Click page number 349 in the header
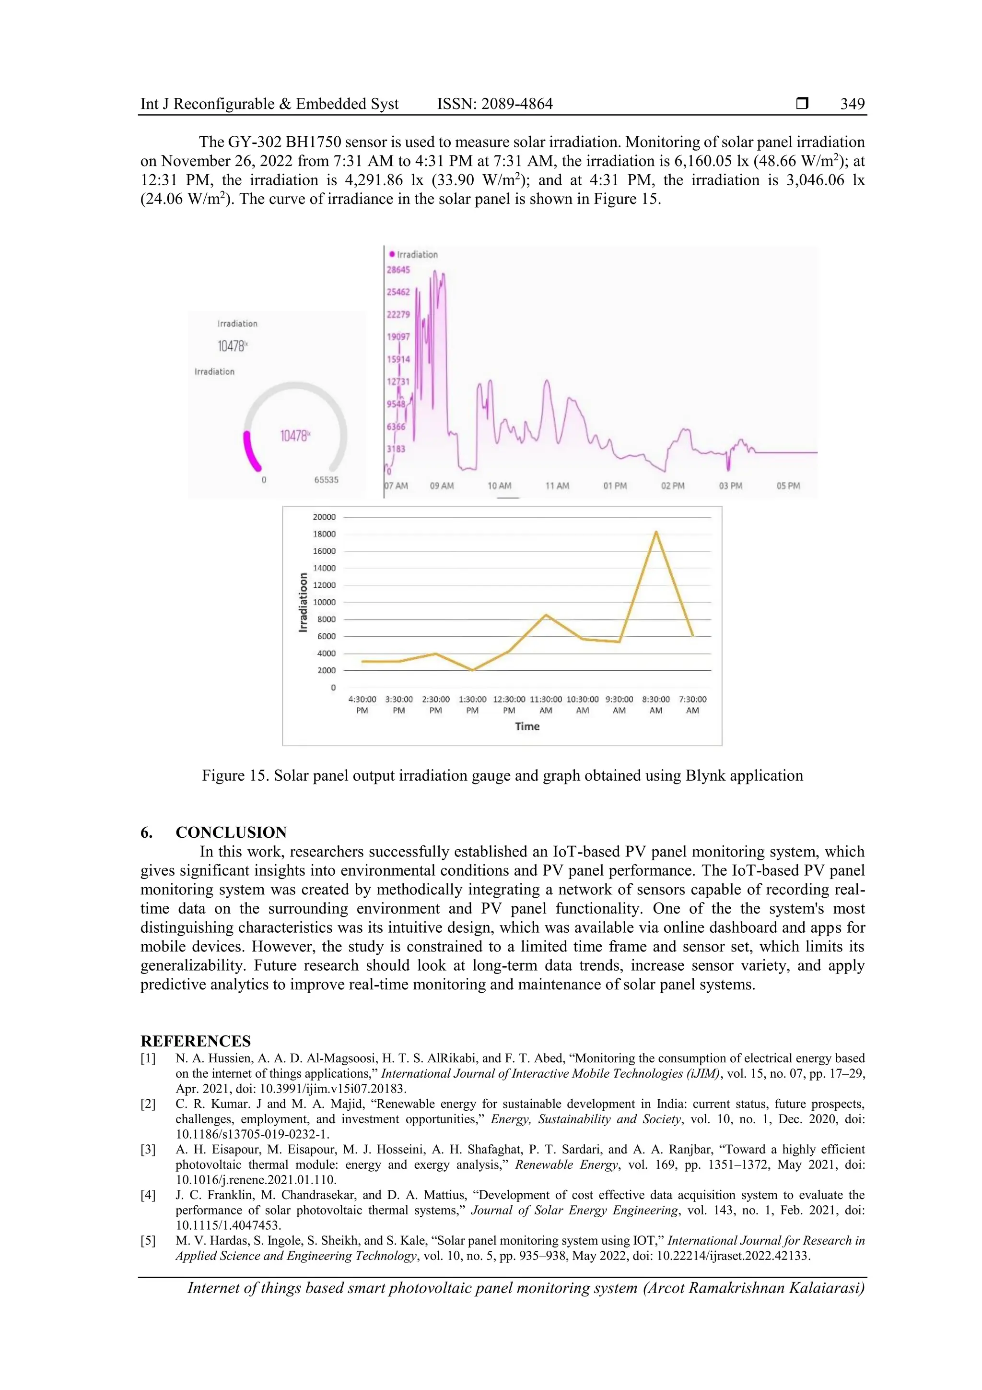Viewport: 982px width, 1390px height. [852, 104]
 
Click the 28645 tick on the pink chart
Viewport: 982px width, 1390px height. [398, 270]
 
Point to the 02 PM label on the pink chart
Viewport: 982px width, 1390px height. [673, 486]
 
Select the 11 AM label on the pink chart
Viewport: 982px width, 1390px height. [557, 486]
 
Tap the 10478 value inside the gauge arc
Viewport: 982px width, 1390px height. [294, 436]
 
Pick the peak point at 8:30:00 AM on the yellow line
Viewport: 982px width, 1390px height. [656, 532]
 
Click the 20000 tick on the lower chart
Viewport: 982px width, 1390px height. [324, 517]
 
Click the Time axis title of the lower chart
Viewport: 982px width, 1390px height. [527, 726]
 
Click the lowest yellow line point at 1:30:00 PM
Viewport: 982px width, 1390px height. [473, 670]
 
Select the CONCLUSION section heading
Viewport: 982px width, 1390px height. [231, 832]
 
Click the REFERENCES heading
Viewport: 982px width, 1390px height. [196, 1041]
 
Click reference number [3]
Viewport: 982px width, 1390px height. [148, 1149]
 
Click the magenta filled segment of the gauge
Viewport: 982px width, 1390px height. [249, 451]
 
